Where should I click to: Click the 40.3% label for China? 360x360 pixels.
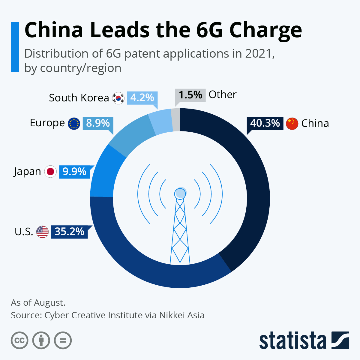[x=265, y=123]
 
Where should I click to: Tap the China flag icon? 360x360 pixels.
[x=292, y=124]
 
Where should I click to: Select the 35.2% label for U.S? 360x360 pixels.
[x=69, y=232]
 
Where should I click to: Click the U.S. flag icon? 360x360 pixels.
[x=42, y=232]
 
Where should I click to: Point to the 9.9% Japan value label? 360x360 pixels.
[x=74, y=172]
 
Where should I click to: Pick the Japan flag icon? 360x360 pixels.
[x=50, y=172]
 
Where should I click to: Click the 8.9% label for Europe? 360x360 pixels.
[x=98, y=123]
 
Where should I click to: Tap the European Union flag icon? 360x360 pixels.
[x=74, y=123]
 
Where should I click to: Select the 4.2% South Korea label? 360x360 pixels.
[x=142, y=98]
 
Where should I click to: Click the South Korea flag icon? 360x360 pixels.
[x=118, y=98]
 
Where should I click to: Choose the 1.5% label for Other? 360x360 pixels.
[x=190, y=95]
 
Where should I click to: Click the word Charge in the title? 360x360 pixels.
[x=265, y=30]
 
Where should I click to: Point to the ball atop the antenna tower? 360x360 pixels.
[x=180, y=193]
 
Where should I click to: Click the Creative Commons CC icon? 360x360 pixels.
[x=19, y=340]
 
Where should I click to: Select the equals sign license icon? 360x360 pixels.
[x=63, y=340]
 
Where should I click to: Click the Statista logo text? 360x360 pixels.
[x=292, y=340]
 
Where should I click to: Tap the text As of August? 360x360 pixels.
[x=38, y=303]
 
